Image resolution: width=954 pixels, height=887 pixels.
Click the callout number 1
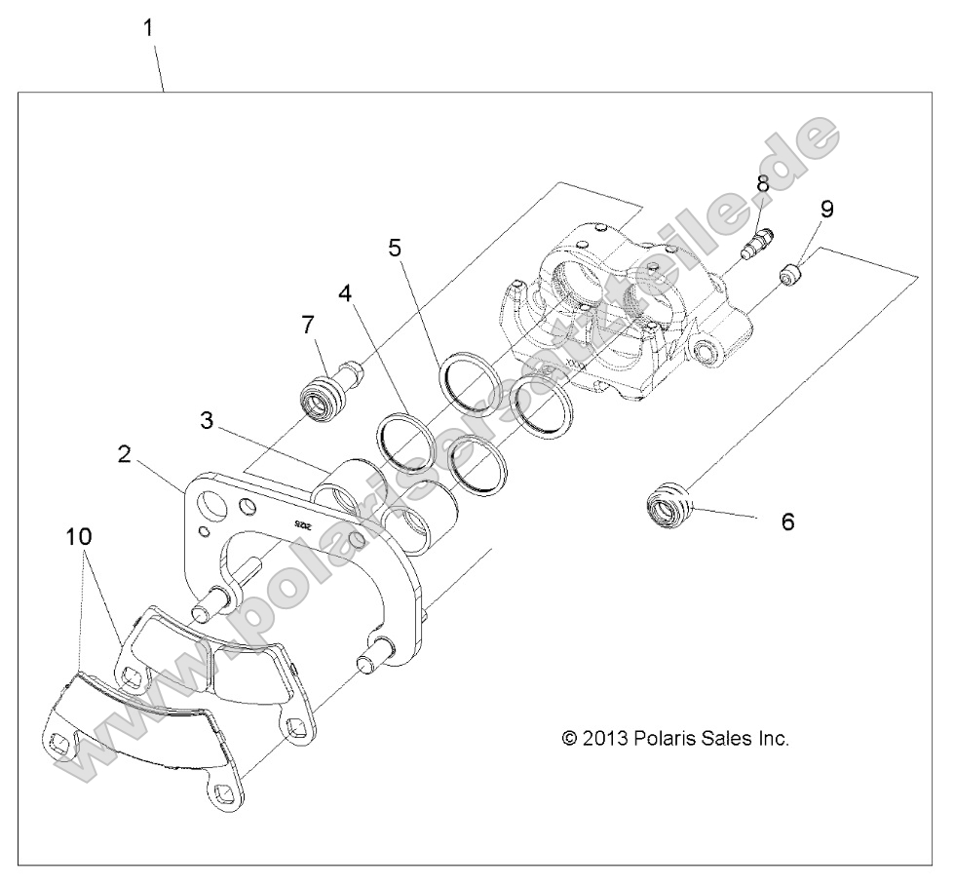click(148, 28)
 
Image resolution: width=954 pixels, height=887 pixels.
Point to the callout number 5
click(395, 248)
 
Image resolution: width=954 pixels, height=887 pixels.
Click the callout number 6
click(787, 521)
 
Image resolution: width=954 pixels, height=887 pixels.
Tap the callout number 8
click(762, 183)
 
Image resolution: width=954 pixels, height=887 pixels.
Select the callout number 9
click(826, 209)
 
